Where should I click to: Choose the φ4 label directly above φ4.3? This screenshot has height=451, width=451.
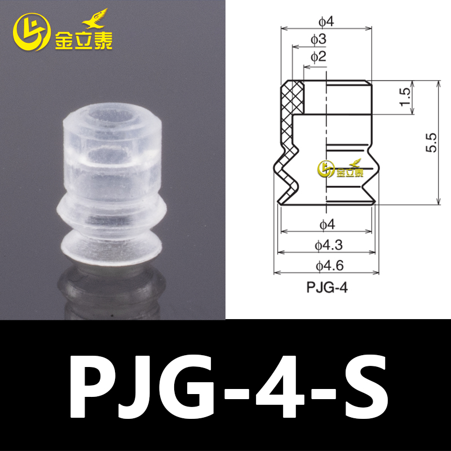pyautogui.click(x=326, y=224)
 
